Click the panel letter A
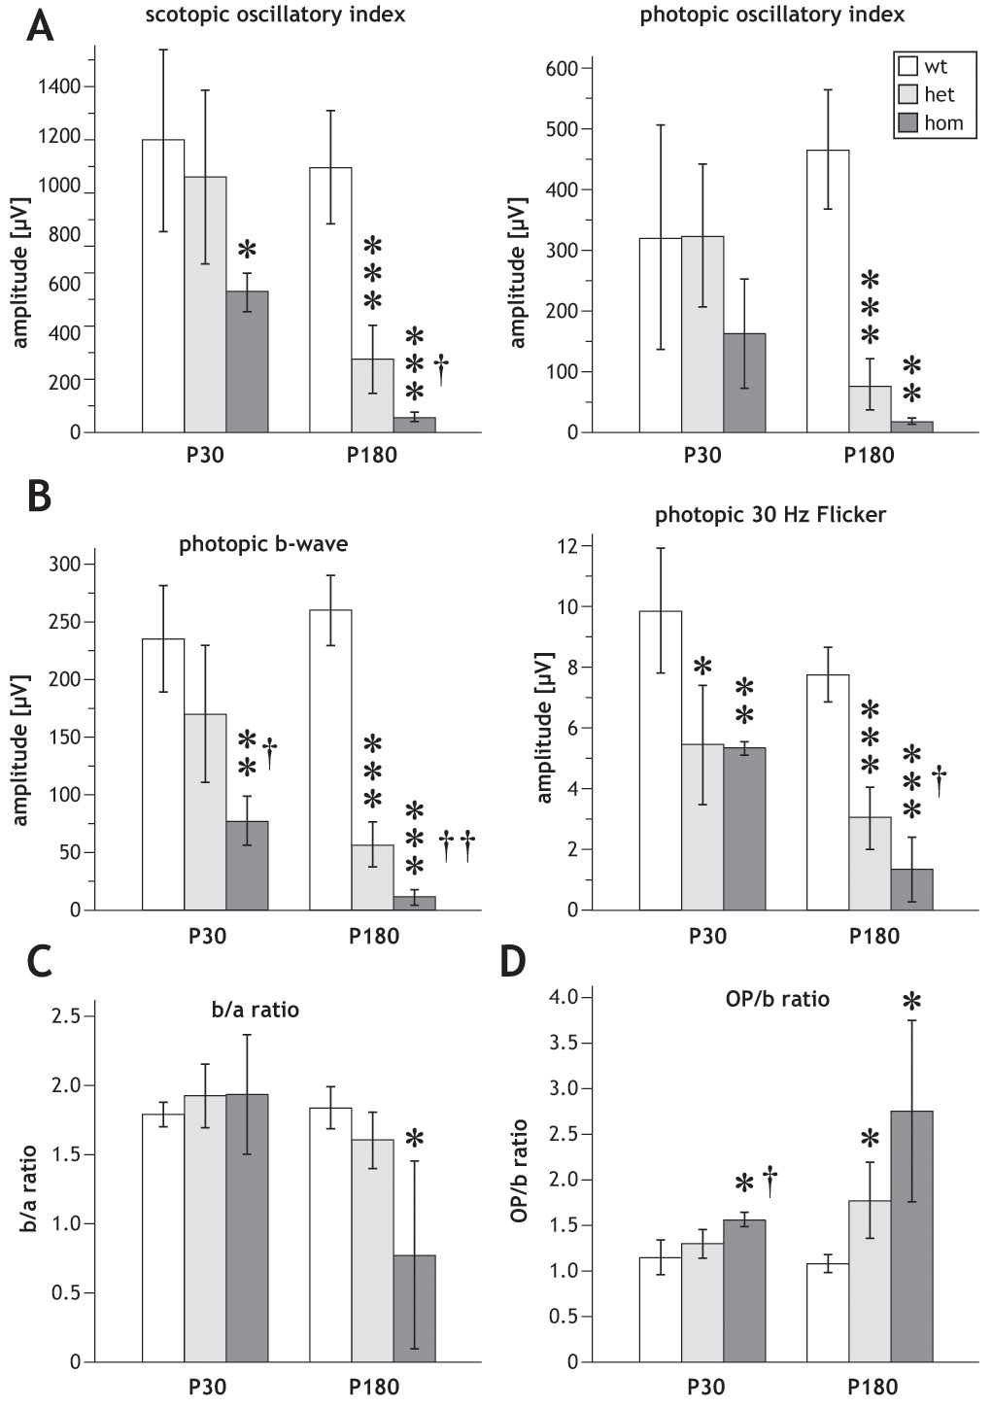pyautogui.click(x=39, y=24)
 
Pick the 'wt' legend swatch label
pyautogui.click(x=936, y=67)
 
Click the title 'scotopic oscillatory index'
pyautogui.click(x=275, y=15)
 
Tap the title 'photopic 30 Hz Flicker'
pyautogui.click(x=770, y=515)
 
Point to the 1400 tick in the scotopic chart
pyautogui.click(x=59, y=86)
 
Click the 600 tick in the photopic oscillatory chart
pyautogui.click(x=562, y=68)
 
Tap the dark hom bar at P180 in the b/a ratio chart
pyautogui.click(x=414, y=1308)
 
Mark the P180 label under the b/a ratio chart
pyautogui.click(x=374, y=1387)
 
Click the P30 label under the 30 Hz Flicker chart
pyautogui.click(x=707, y=937)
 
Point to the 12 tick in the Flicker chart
pyautogui.click(x=567, y=546)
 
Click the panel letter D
pyautogui.click(x=512, y=962)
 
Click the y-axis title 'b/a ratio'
pyautogui.click(x=29, y=1188)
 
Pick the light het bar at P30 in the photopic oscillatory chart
pyautogui.click(x=702, y=334)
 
